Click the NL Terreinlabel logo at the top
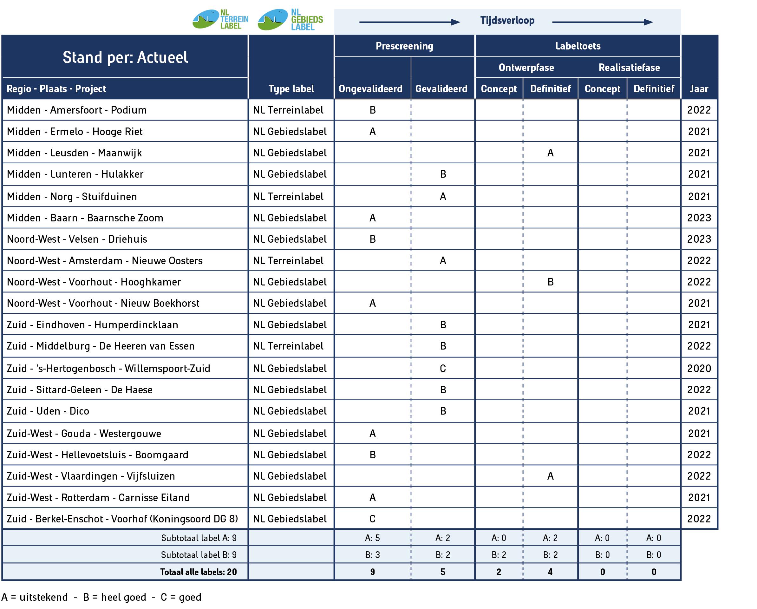tap(220, 19)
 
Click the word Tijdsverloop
tap(507, 20)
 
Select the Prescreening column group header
tap(404, 46)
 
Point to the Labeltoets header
tap(578, 46)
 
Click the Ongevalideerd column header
tap(370, 89)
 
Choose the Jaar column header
tap(698, 89)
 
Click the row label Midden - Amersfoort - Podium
tap(76, 110)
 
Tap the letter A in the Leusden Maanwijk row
tap(550, 153)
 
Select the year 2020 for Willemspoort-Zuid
tap(699, 369)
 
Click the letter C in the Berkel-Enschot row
tap(373, 519)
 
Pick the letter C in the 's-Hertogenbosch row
tap(443, 369)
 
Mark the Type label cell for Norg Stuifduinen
tap(288, 197)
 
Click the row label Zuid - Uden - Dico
tap(48, 411)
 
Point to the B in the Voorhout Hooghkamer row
tap(550, 282)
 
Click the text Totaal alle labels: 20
tap(199, 572)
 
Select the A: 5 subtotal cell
tap(372, 538)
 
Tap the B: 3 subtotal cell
tap(372, 554)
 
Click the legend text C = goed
tap(181, 597)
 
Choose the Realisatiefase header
tap(629, 68)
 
